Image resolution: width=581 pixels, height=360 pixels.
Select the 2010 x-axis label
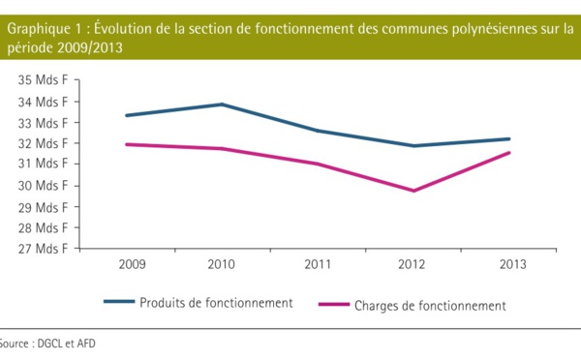click(223, 264)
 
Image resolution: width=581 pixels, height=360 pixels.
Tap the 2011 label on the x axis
click(319, 264)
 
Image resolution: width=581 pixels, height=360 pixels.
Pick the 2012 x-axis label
click(413, 264)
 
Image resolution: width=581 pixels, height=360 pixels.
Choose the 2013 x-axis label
click(509, 264)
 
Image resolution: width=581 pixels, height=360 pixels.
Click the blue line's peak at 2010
click(223, 105)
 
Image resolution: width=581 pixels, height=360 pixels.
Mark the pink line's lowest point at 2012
click(413, 191)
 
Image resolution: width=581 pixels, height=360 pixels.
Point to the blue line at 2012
click(413, 146)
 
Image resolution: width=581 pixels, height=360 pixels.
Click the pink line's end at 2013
click(509, 153)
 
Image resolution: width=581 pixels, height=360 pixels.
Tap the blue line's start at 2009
click(128, 115)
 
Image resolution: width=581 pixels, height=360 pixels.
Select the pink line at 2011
click(319, 165)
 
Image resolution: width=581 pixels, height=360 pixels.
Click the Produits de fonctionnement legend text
click(216, 303)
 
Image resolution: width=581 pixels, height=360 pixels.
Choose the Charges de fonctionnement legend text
click(430, 306)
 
